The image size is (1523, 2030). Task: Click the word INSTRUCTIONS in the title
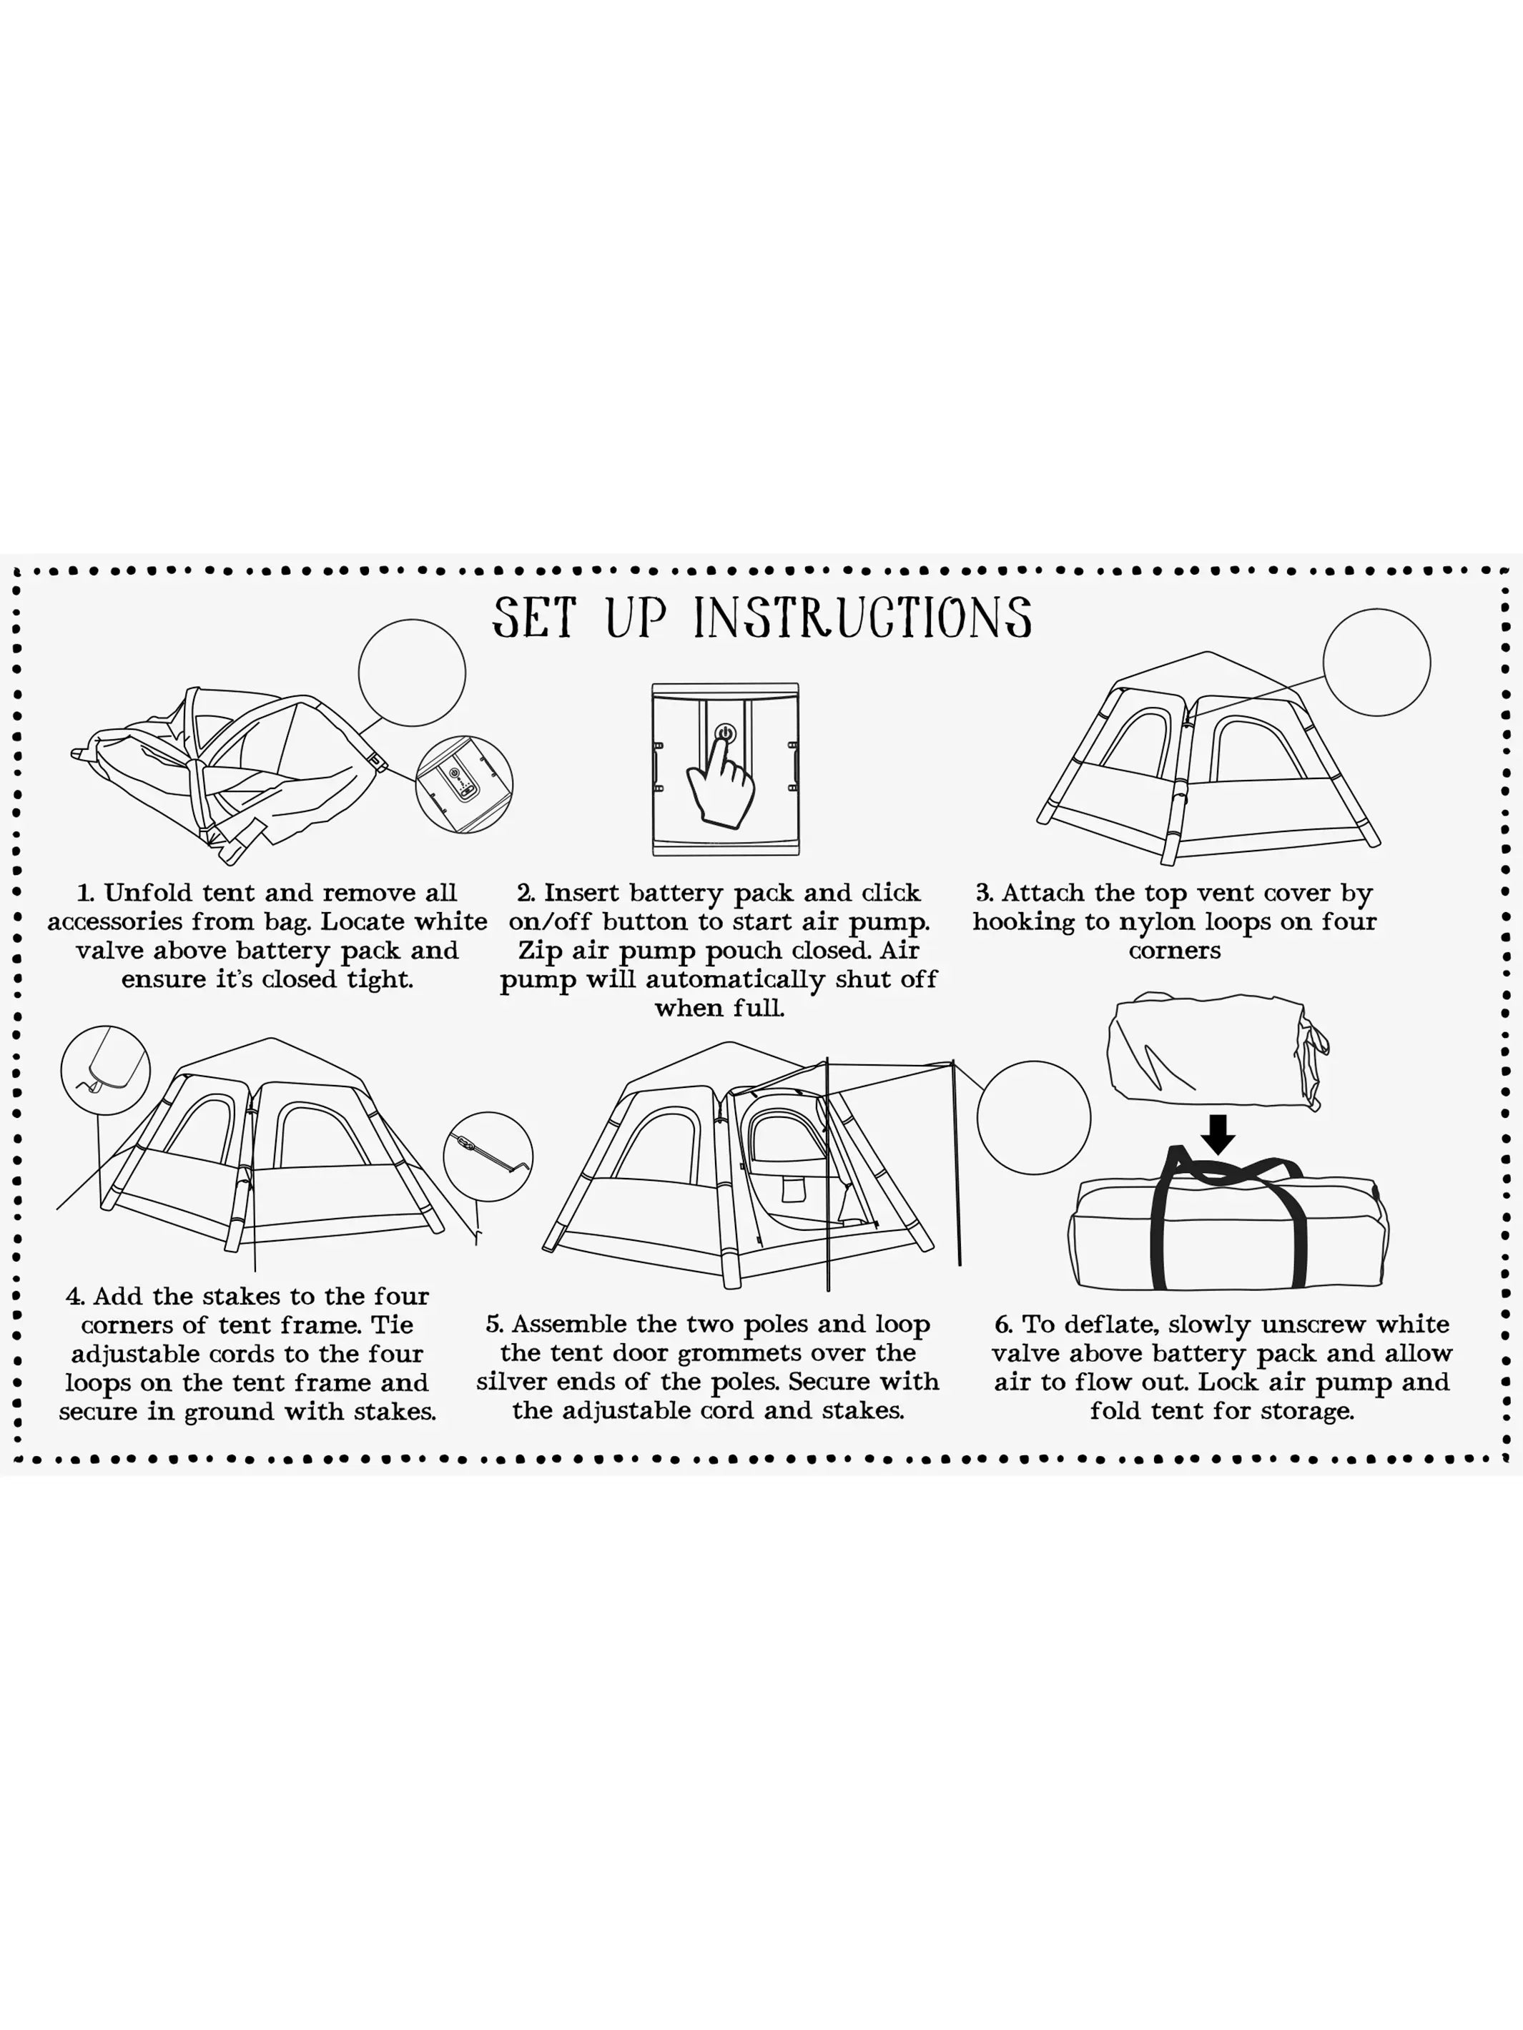[862, 618]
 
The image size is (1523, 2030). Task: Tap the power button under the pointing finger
[724, 734]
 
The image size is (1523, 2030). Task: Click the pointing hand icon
[721, 779]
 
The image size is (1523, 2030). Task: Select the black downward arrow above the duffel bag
[1218, 1134]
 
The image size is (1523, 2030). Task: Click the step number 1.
[84, 893]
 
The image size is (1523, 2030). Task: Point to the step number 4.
[74, 1297]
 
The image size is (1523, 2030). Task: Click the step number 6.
[1003, 1325]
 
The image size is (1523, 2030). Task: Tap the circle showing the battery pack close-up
[463, 785]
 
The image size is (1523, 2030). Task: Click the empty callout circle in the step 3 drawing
[1376, 662]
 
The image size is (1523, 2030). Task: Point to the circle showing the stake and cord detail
[488, 1157]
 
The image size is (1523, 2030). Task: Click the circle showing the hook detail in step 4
[106, 1070]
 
